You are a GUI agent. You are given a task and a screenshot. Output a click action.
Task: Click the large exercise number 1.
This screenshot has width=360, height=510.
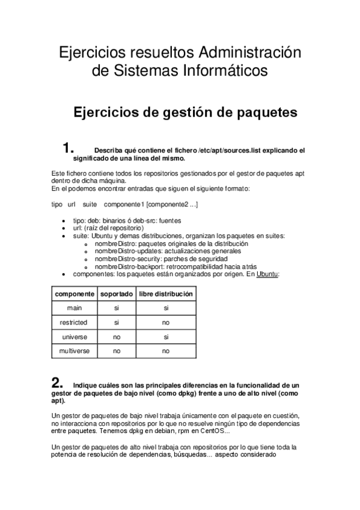point(69,149)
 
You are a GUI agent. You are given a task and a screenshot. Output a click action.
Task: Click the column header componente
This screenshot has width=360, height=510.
point(75,293)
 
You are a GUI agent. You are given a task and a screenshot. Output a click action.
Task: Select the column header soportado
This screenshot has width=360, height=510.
point(117,293)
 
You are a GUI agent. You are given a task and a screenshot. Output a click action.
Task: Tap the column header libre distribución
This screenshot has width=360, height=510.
point(166,293)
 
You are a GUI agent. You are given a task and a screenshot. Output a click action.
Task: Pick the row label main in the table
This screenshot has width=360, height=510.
point(75,308)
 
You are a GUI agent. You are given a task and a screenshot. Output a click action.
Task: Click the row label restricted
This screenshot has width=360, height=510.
point(75,322)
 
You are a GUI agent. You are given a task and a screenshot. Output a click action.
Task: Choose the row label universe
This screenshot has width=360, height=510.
point(75,337)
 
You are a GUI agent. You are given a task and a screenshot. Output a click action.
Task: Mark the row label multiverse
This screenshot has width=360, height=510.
point(75,351)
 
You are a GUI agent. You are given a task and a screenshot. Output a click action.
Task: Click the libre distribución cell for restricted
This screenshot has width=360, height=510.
point(166,322)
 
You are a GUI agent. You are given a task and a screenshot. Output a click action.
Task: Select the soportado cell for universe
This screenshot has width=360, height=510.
point(117,337)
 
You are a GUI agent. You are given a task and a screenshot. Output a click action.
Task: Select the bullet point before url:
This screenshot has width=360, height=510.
point(64,229)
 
